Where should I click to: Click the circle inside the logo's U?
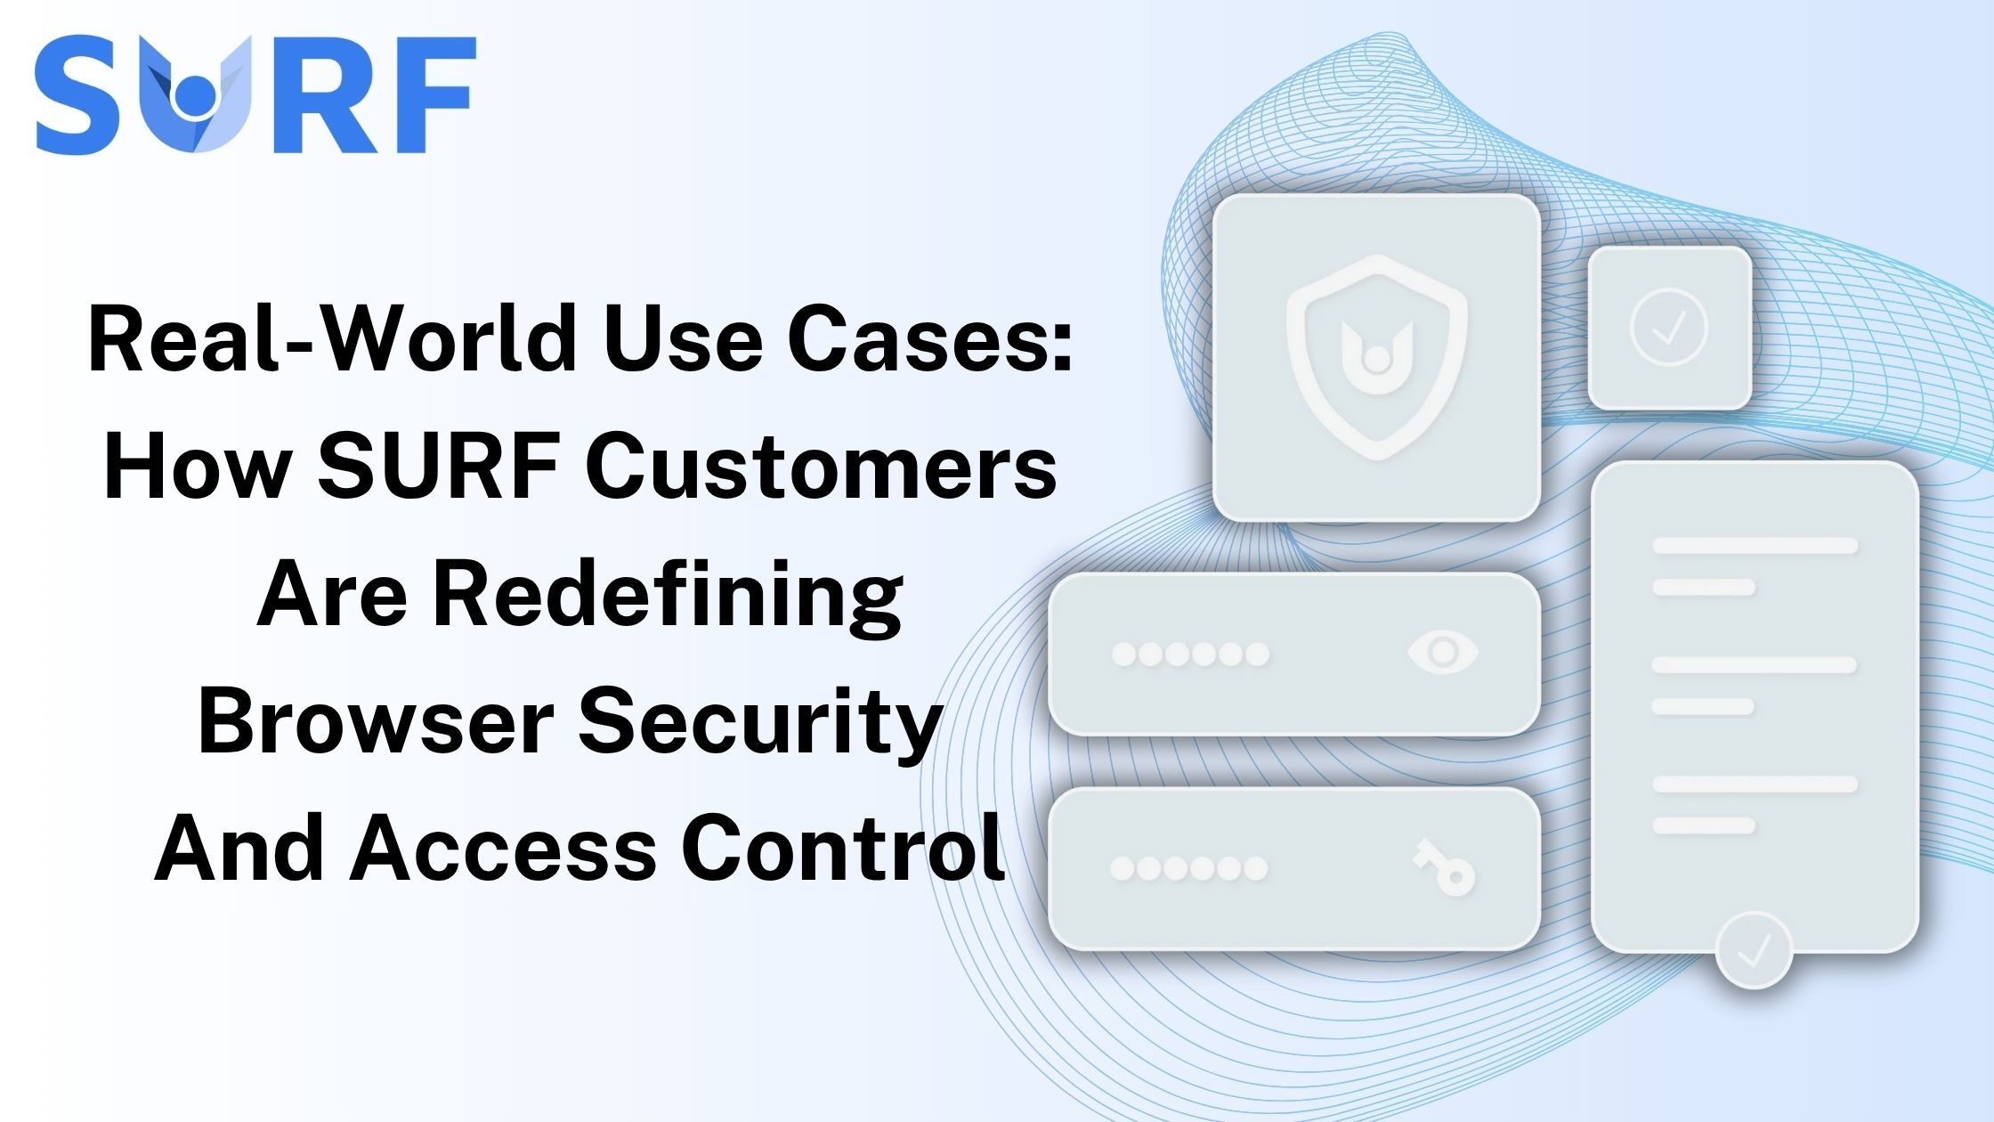tap(194, 95)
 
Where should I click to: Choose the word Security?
tap(760, 721)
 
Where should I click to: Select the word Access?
tap(503, 848)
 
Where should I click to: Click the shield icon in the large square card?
tap(1376, 356)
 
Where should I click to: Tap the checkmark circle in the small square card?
tap(1668, 327)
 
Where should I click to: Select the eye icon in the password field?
tap(1443, 653)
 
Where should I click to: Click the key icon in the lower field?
tap(1444, 867)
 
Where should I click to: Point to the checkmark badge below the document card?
tap(1753, 950)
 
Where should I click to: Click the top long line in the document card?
tap(1755, 545)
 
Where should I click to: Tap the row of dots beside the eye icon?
tap(1190, 654)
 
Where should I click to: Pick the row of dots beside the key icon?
tap(1188, 868)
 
